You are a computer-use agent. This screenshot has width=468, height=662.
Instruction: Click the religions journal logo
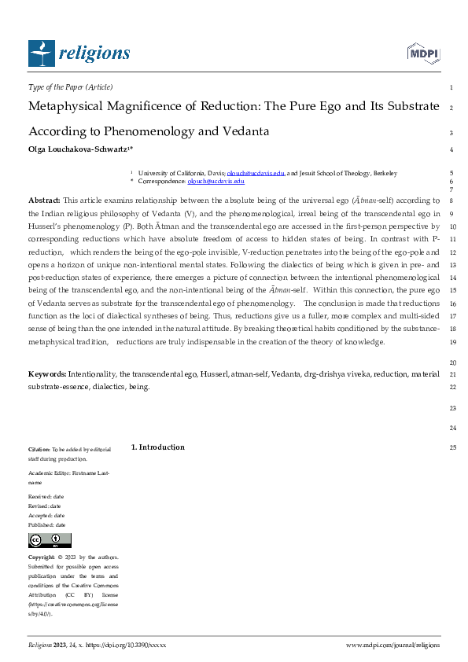79,53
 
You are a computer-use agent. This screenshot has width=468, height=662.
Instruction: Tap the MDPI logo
422,53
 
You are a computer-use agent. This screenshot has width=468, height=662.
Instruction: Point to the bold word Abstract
44,200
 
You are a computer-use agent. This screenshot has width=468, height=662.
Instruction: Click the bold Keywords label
47,375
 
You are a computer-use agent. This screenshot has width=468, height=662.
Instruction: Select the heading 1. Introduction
157,447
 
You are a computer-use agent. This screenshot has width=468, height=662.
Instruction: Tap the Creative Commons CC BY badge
50,540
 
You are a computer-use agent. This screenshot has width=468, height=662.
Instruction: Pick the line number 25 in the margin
451,448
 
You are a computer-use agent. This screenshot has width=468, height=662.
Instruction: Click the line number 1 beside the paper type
450,87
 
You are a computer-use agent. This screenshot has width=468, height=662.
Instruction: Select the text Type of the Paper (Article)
70,86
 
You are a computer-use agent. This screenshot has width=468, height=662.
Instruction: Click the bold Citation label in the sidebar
39,449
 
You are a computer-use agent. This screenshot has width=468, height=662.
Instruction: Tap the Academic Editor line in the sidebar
68,473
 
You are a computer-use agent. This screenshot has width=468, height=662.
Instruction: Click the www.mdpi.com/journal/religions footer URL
392,645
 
